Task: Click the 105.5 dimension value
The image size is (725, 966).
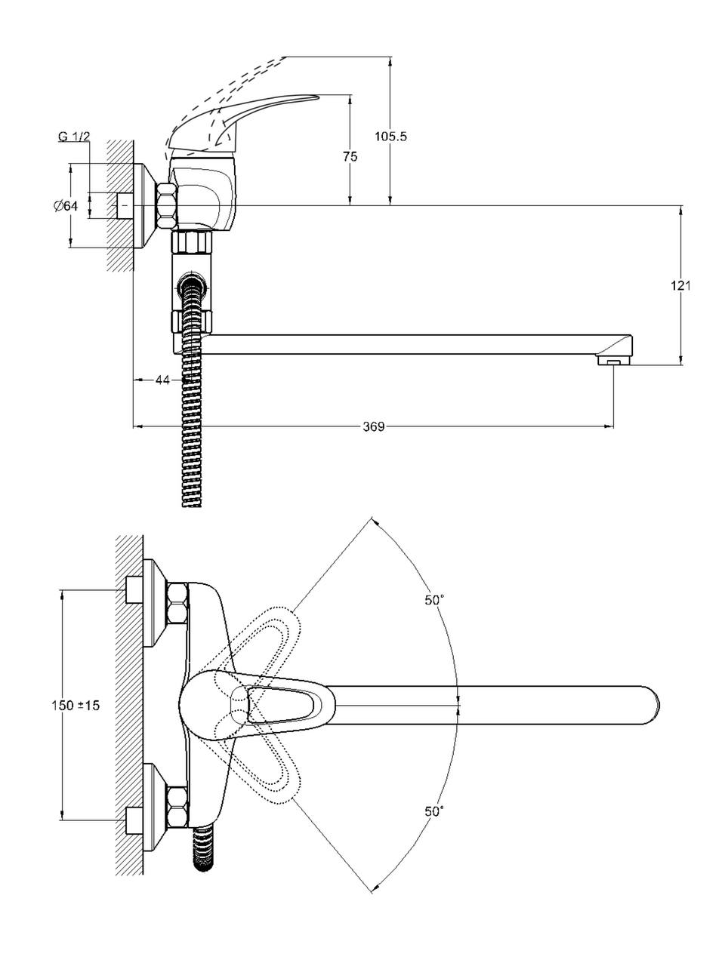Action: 390,137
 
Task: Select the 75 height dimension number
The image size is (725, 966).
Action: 350,156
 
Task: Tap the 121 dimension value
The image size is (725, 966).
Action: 680,285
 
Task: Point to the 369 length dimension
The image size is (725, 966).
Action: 373,427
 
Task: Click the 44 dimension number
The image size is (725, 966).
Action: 162,380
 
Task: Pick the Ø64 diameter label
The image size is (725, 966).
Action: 66,206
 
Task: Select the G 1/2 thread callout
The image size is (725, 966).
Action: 74,137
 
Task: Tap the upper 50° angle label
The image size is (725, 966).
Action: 434,600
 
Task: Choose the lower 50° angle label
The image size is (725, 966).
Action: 434,811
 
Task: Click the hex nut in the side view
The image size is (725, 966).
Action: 167,205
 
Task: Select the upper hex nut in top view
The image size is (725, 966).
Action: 177,603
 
